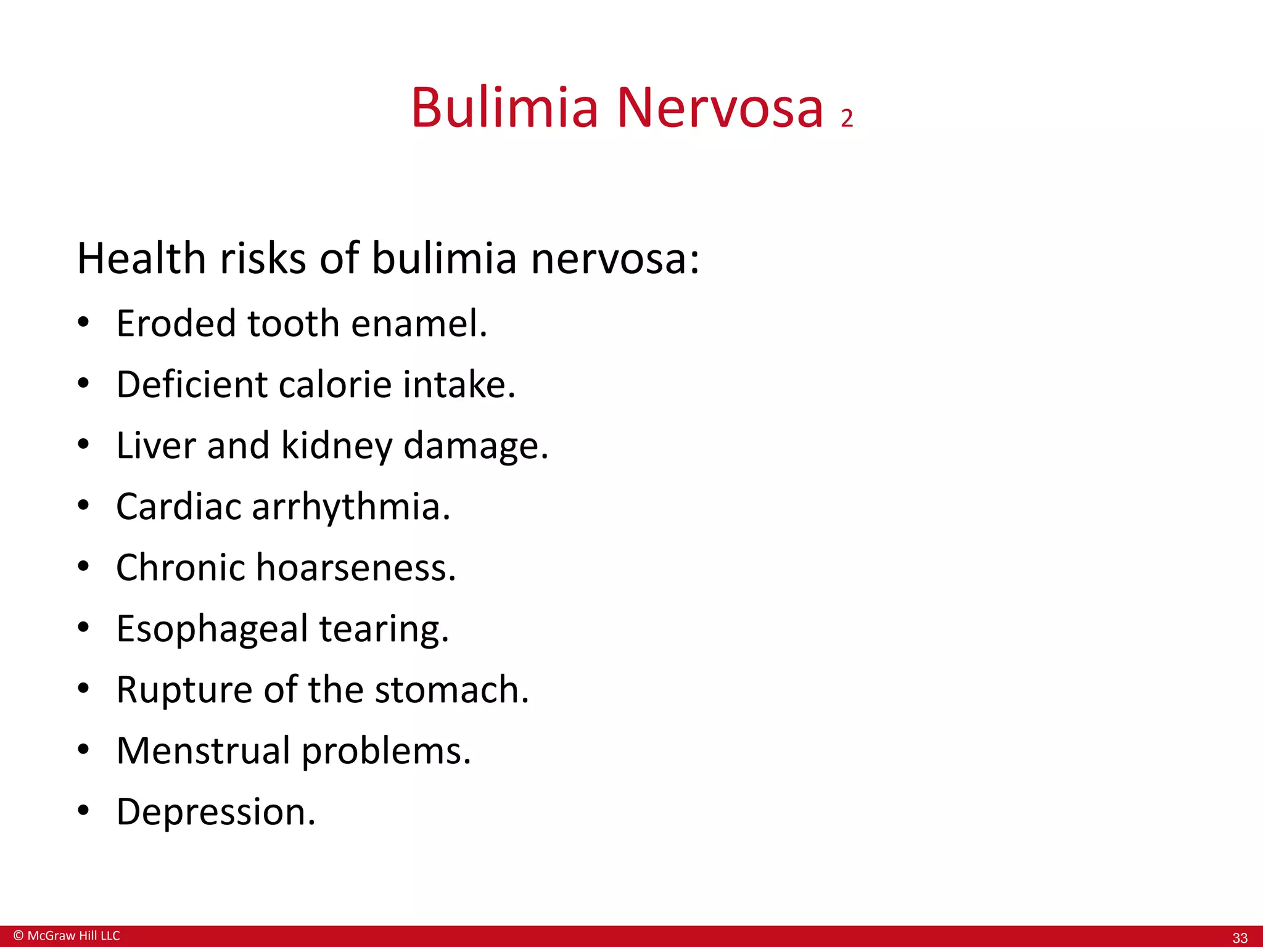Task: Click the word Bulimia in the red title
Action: click(504, 108)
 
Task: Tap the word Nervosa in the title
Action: click(720, 108)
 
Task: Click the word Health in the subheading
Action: click(141, 258)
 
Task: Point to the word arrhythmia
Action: click(351, 507)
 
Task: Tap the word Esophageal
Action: click(212, 629)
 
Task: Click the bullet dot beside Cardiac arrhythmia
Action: click(84, 506)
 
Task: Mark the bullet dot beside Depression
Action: click(84, 810)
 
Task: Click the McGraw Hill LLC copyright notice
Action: click(67, 935)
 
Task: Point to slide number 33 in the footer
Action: click(1240, 938)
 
